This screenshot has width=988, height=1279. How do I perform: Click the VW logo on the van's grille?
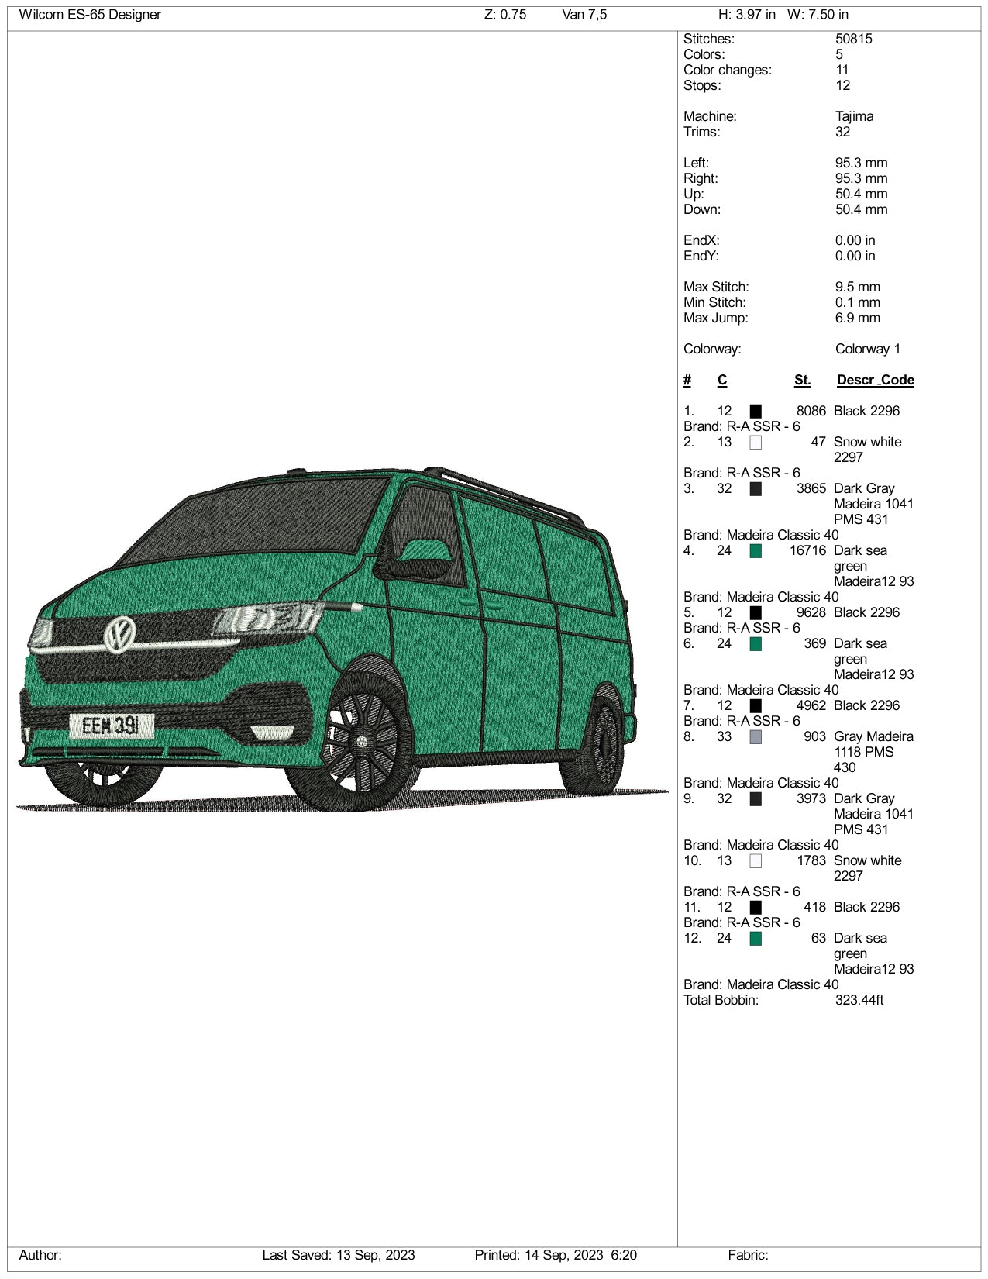click(x=119, y=633)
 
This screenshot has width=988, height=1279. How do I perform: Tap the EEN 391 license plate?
click(x=112, y=726)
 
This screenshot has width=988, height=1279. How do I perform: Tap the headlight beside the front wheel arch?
click(x=267, y=618)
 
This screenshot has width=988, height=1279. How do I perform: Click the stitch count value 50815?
click(x=853, y=39)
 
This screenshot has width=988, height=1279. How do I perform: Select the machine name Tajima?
click(x=854, y=116)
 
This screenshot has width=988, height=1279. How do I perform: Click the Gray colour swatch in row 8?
click(x=756, y=736)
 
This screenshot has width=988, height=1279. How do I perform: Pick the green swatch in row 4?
click(x=756, y=550)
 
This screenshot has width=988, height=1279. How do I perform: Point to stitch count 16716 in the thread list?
click(x=807, y=550)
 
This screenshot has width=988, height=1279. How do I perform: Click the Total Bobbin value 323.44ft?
click(x=859, y=1000)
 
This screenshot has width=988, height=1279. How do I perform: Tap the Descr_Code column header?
click(x=875, y=380)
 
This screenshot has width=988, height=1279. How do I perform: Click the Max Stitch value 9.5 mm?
click(x=857, y=287)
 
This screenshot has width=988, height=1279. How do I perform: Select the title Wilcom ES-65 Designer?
click(x=90, y=15)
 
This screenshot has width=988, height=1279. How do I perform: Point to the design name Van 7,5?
click(x=584, y=15)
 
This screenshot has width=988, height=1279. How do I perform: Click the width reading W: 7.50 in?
click(x=818, y=15)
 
